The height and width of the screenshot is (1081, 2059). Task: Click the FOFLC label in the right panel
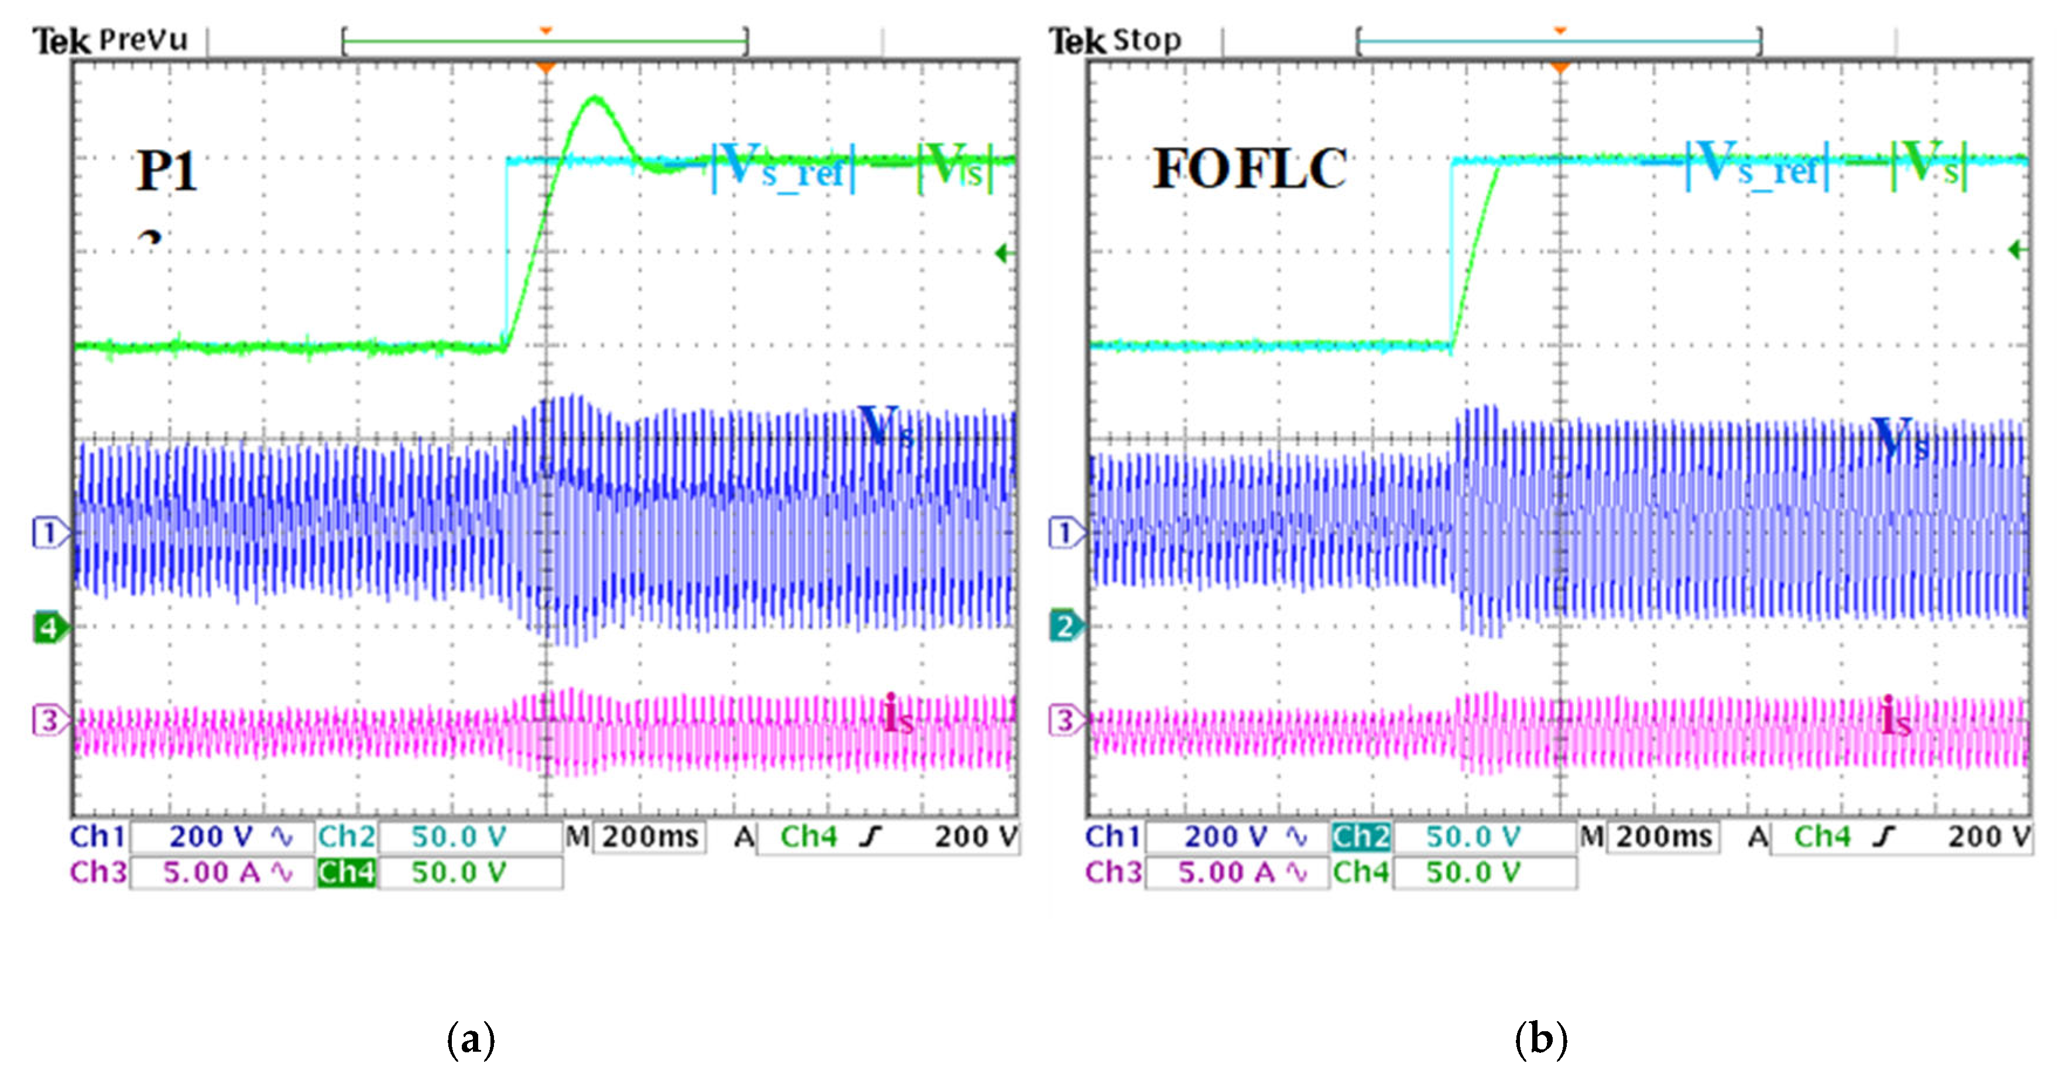tap(1250, 169)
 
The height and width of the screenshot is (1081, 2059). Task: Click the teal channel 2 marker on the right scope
tap(1065, 626)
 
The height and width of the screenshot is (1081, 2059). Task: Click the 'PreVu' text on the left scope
tap(144, 40)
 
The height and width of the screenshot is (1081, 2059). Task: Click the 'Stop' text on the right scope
tap(1147, 40)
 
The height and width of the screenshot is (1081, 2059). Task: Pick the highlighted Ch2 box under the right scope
tap(1360, 837)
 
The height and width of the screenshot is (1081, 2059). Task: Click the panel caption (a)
tap(471, 1039)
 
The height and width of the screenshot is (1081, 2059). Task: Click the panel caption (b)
tap(1540, 1039)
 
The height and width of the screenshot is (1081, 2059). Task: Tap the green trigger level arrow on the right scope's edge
tap(2017, 250)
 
